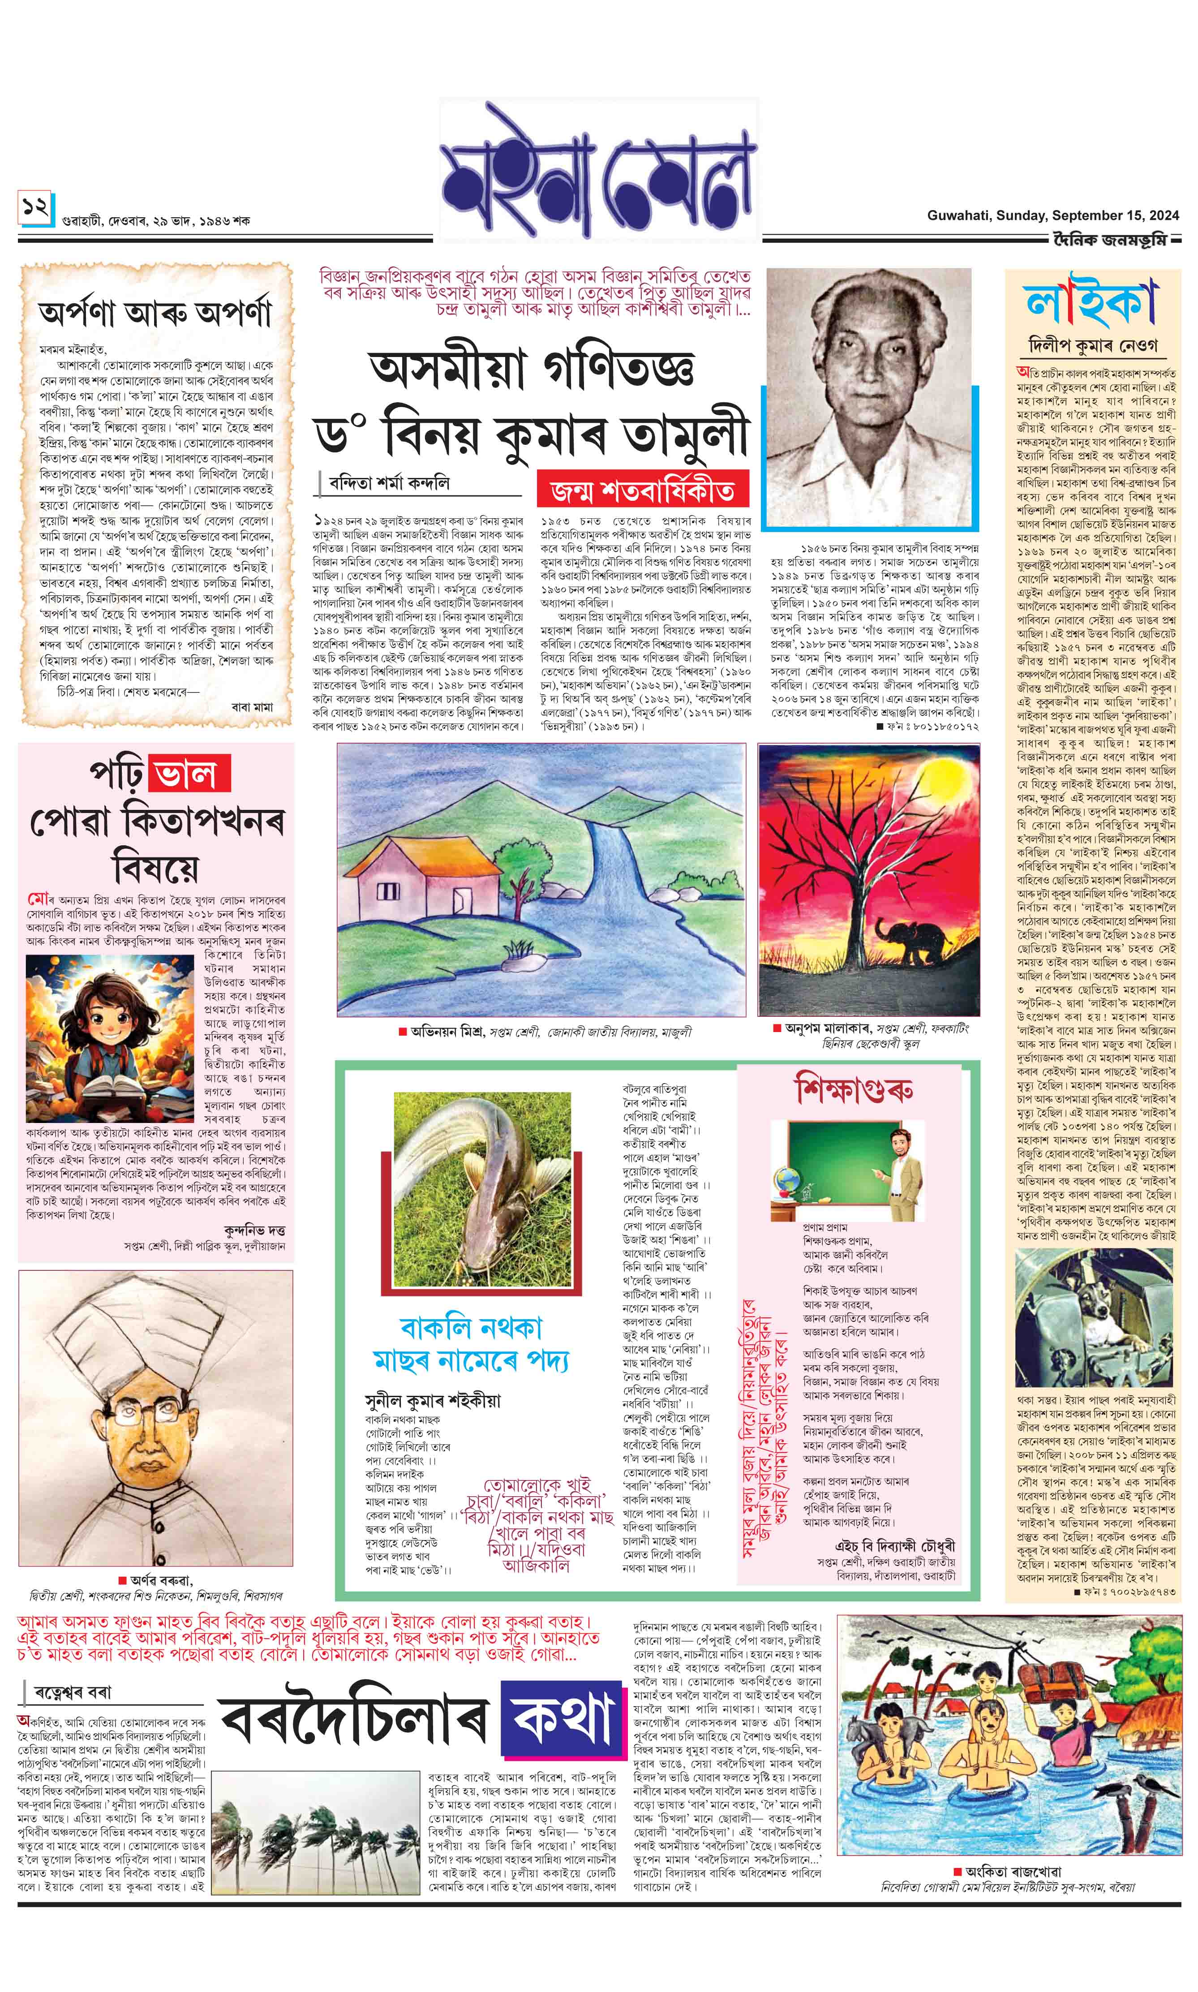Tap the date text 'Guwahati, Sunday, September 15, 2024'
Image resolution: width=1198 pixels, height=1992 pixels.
tap(1053, 215)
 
